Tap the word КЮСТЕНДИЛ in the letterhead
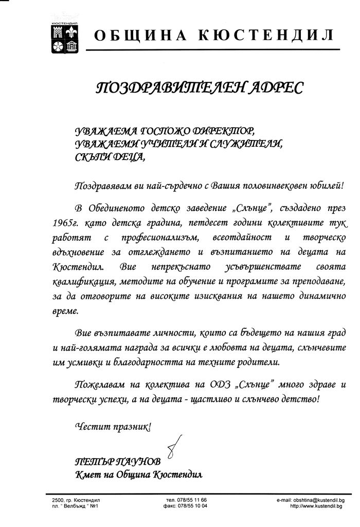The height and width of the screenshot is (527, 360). point(266,36)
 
